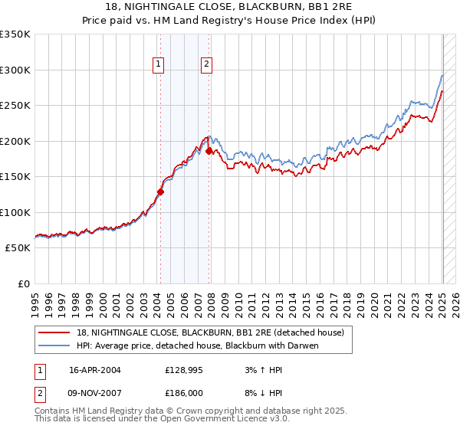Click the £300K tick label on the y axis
[15, 70]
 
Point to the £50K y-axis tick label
[18, 248]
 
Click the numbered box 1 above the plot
[159, 65]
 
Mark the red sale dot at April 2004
[161, 192]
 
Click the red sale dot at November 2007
[209, 151]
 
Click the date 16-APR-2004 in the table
[95, 369]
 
